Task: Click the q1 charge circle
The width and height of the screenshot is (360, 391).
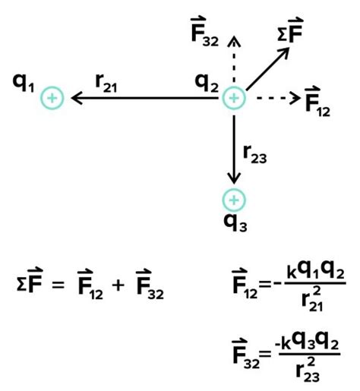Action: tap(52, 98)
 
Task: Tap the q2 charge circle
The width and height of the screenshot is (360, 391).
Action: tap(234, 98)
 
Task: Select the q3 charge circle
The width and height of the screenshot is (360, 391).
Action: tap(234, 200)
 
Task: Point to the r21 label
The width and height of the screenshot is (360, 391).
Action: tap(106, 84)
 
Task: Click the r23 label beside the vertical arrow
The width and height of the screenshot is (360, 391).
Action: tap(255, 154)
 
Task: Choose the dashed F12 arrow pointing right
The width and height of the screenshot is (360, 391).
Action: tap(279, 98)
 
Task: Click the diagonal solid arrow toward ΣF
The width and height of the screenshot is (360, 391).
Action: tap(267, 68)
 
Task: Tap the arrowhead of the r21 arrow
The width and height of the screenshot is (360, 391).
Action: tap(77, 98)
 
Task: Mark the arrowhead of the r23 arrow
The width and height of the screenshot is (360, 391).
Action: tap(234, 178)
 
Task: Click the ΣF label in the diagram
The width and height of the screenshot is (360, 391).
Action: tap(290, 30)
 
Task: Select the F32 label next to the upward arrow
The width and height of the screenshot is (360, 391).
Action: tap(205, 32)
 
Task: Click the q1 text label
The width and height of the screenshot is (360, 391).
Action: tap(24, 84)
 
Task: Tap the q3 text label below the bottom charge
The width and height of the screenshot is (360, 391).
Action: tap(235, 223)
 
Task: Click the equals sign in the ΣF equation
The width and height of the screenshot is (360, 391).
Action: tap(58, 285)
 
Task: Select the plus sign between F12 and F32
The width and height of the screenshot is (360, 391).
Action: tap(118, 285)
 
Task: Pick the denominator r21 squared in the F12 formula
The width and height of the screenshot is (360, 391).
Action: tap(313, 299)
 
